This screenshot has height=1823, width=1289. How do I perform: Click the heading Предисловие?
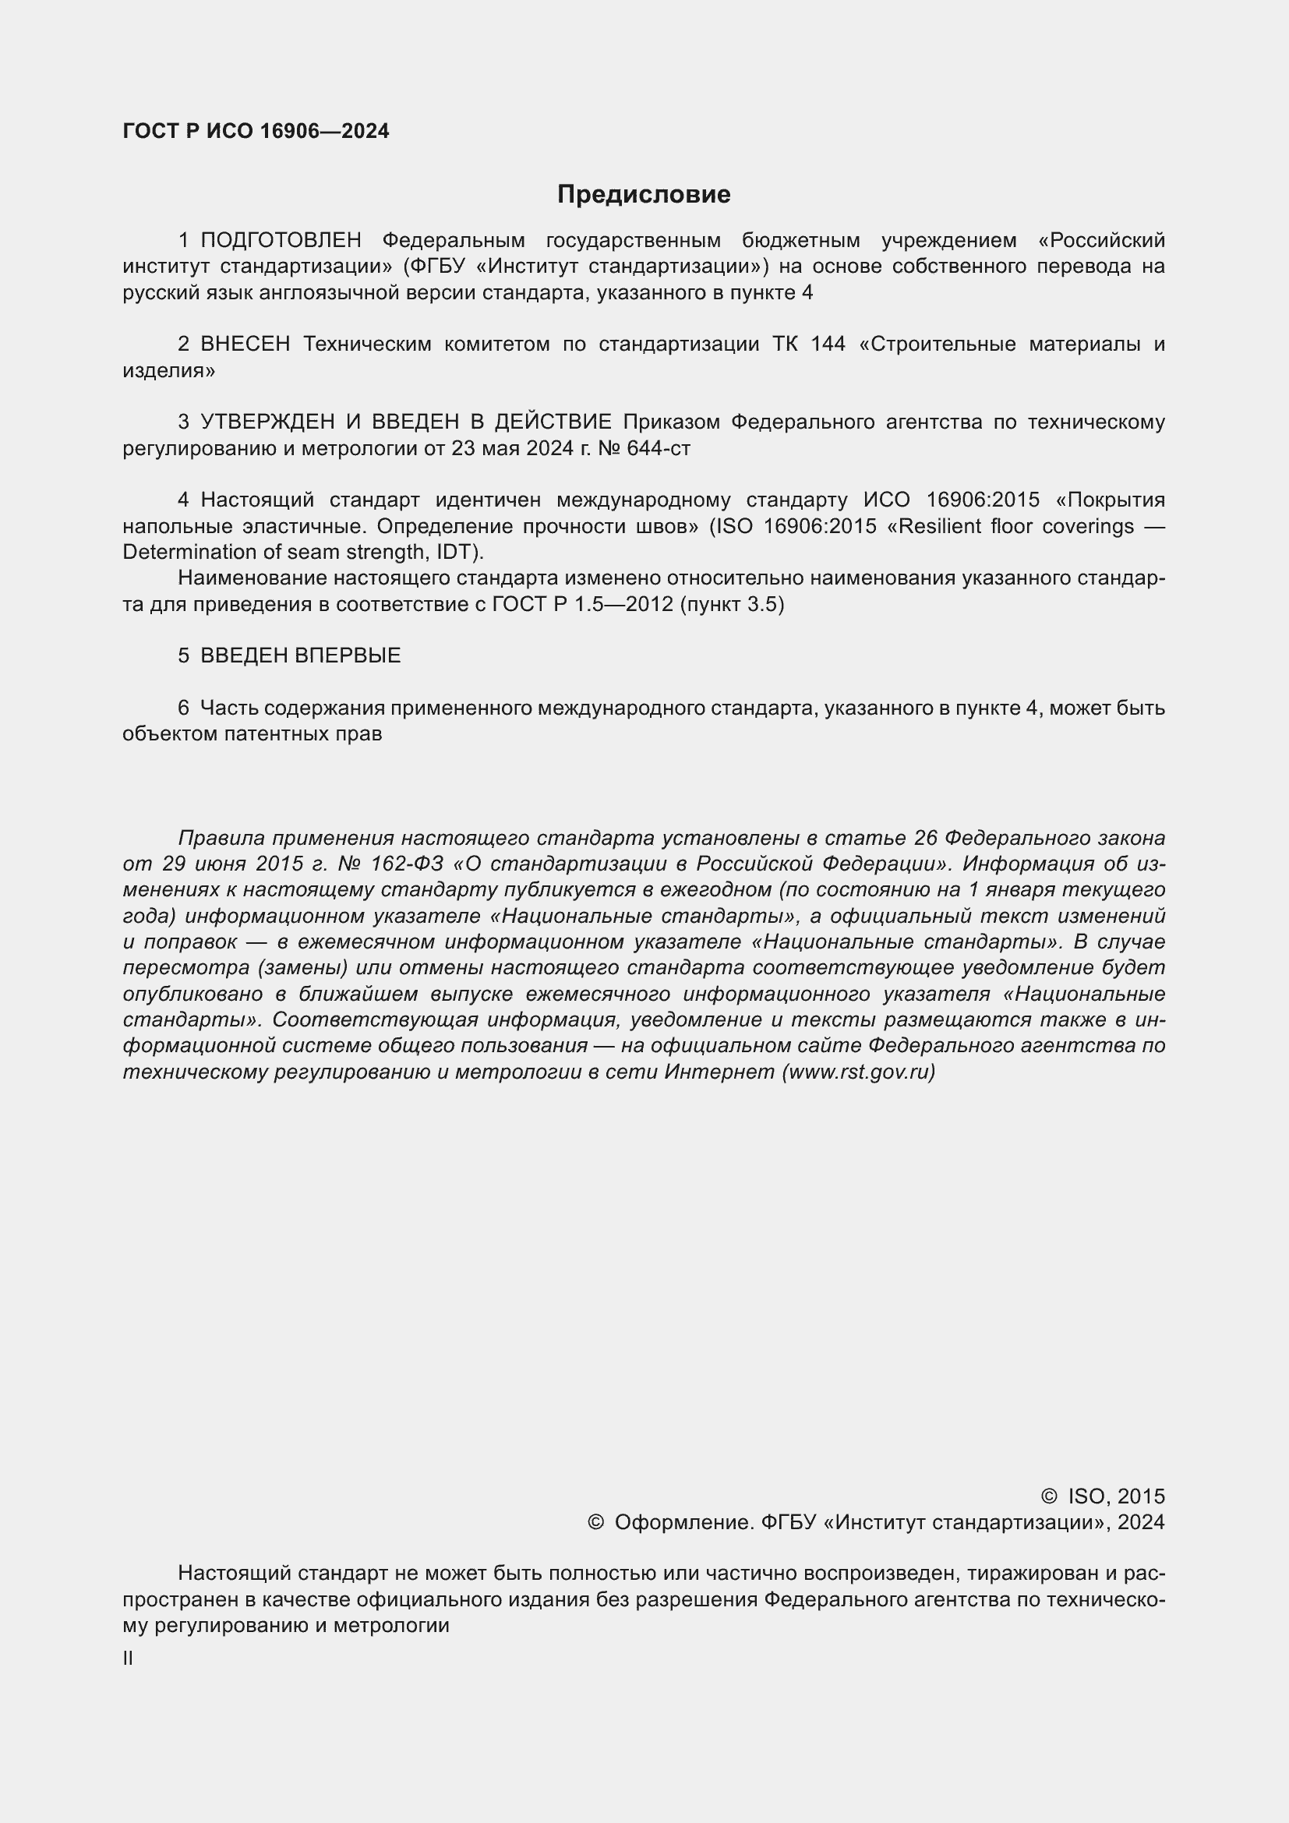point(644,195)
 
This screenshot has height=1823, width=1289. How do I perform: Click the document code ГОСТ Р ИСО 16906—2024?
point(256,132)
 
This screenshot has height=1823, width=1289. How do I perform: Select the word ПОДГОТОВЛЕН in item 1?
point(281,240)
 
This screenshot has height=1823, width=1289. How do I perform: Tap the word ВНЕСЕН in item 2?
point(245,344)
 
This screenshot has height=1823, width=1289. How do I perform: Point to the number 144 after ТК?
point(828,344)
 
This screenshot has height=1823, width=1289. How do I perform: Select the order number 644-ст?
point(658,449)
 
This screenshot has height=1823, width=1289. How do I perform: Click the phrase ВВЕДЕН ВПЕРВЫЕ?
point(300,655)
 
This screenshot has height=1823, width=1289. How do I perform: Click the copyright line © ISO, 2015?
point(1103,1496)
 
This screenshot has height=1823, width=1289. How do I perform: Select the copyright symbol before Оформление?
point(595,1522)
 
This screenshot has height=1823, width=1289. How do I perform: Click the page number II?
point(128,1658)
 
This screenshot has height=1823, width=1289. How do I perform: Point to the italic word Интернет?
point(719,1072)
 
